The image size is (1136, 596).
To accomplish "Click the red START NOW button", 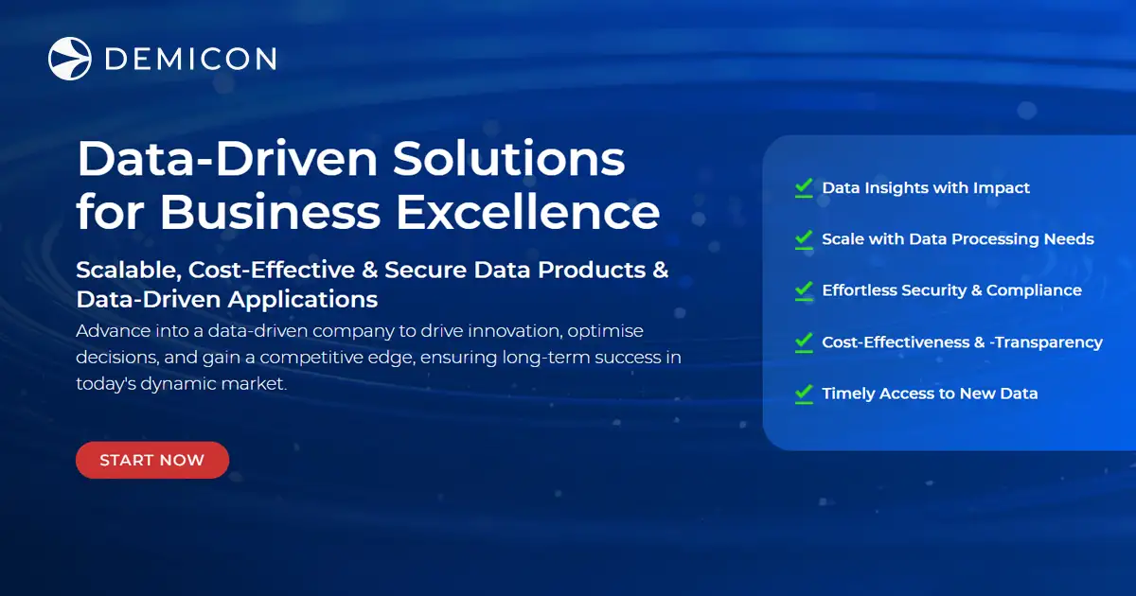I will coord(152,461).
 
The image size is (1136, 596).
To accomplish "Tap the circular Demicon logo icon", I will coord(70,59).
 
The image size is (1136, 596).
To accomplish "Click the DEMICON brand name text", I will coord(190,60).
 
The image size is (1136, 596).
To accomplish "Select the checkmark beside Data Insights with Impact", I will coord(804,187).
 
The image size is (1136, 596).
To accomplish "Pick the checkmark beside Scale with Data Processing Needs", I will coord(804,238).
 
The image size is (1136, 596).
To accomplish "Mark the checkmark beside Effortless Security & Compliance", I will coord(804,289).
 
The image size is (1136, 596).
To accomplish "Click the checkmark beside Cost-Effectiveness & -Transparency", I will coord(804,342).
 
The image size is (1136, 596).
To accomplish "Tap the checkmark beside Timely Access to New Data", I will coord(804,393).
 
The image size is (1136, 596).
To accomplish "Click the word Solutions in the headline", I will coord(508,158).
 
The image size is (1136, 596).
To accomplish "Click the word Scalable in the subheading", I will coord(128,270).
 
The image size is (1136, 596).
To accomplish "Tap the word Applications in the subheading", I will coord(303,300).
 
